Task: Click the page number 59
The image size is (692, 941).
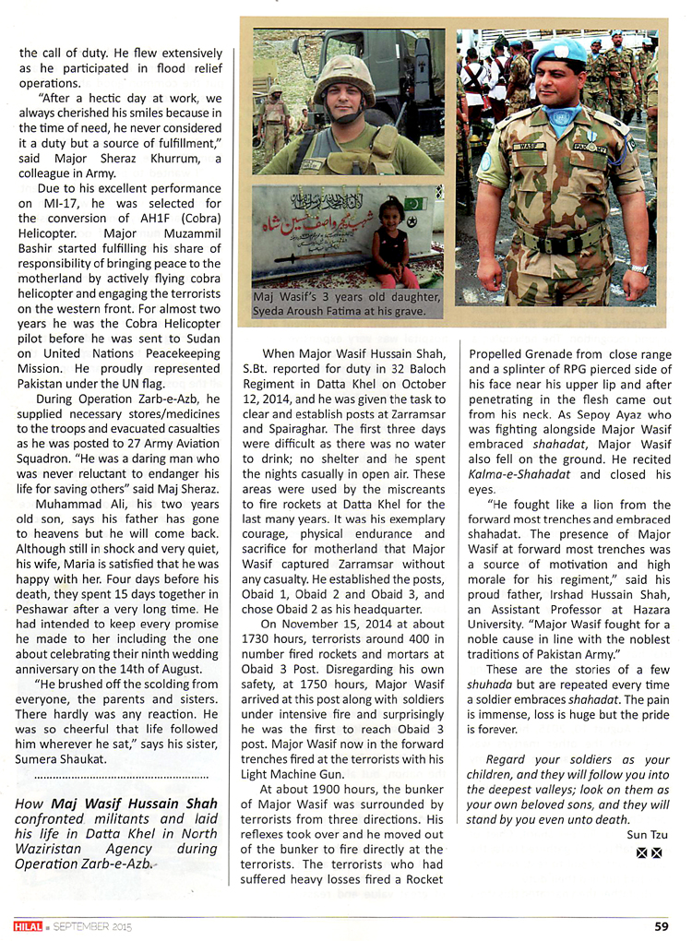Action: pyautogui.click(x=661, y=926)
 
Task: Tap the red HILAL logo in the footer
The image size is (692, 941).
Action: pyautogui.click(x=25, y=926)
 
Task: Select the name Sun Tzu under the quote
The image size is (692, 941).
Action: pyautogui.click(x=645, y=835)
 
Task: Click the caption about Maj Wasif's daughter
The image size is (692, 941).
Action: pyautogui.click(x=347, y=304)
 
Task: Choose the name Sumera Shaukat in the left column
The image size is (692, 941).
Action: pyautogui.click(x=57, y=757)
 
